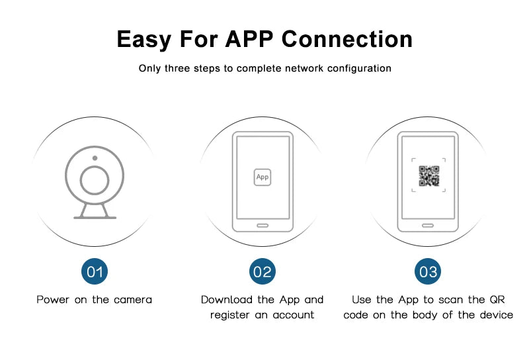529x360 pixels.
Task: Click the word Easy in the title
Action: coord(143,40)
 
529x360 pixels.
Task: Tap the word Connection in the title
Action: coord(346,39)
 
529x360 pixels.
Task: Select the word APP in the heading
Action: coord(249,39)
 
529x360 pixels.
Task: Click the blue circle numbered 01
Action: coord(95,271)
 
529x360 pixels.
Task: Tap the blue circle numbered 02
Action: coord(263,271)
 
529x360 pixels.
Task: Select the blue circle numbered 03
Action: coord(428,271)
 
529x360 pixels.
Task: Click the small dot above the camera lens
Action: coord(95,158)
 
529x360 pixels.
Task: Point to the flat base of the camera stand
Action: coord(95,218)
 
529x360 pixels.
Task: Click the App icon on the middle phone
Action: coord(263,177)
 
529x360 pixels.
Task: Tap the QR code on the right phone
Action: coord(428,176)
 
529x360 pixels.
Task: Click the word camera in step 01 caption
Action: coord(133,300)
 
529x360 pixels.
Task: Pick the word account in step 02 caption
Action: coord(293,315)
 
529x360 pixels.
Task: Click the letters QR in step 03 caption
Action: coord(497,300)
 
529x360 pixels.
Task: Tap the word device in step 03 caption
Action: coord(497,315)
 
